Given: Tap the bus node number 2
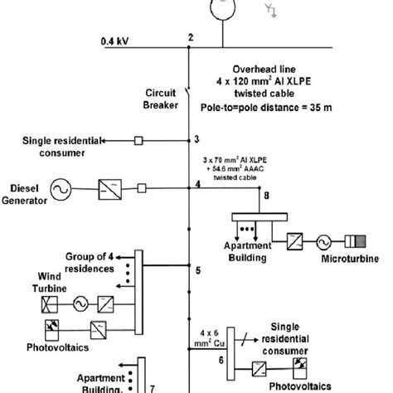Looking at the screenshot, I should [x=190, y=37].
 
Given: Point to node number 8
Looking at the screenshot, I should [x=265, y=196].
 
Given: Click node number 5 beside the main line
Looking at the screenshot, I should [x=197, y=269].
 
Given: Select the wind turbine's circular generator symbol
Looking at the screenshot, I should [x=80, y=302].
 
